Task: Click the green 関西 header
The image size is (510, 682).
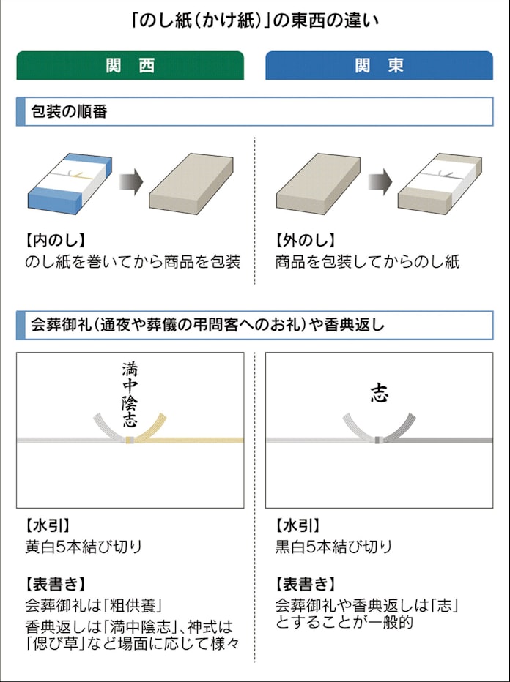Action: [x=130, y=65]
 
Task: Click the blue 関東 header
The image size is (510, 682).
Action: [x=379, y=65]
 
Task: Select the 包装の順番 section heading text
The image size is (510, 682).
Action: [x=69, y=112]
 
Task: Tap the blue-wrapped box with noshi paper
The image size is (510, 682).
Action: [x=70, y=183]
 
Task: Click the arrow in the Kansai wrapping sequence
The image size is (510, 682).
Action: [x=131, y=181]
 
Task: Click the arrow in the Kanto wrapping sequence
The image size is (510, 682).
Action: [x=380, y=181]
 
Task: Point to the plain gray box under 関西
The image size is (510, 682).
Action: [x=191, y=183]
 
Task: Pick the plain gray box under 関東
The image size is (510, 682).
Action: [x=318, y=183]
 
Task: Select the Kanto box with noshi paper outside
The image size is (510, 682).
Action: [x=440, y=183]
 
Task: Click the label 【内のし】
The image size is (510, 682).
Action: [x=55, y=240]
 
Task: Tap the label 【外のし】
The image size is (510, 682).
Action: [x=305, y=240]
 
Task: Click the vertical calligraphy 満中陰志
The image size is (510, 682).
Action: [x=130, y=394]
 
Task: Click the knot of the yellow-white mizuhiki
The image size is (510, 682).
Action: [x=130, y=440]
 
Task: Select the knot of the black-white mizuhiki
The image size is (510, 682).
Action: [x=379, y=440]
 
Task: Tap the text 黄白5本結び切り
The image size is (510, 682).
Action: [x=84, y=547]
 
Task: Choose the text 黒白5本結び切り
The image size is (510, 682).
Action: [x=333, y=547]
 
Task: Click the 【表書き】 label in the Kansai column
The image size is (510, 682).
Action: [x=55, y=584]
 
